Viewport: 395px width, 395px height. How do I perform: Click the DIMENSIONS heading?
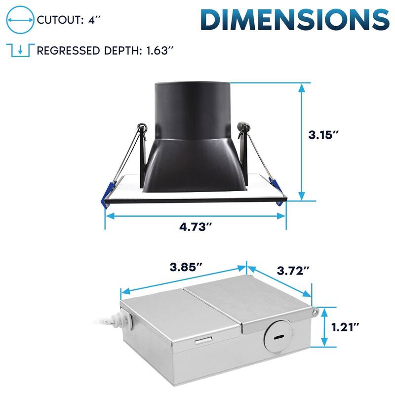click(295, 20)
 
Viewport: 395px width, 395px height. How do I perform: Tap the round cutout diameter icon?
click(20, 20)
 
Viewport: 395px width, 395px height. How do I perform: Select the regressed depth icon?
click(20, 50)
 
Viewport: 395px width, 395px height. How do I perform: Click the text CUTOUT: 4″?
click(69, 20)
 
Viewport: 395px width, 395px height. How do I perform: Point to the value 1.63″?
click(160, 51)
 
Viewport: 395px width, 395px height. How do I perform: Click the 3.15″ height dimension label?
click(323, 135)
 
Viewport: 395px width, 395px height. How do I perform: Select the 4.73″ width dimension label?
click(196, 227)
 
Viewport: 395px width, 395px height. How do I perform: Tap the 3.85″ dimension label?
click(186, 267)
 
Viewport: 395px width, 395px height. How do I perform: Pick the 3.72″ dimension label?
click(293, 271)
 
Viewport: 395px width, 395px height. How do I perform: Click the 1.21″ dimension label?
click(345, 327)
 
